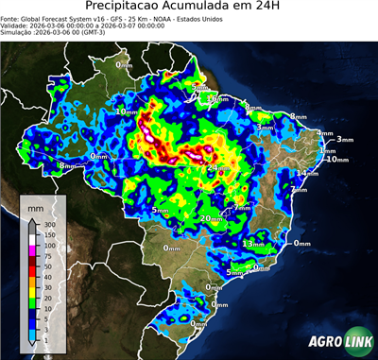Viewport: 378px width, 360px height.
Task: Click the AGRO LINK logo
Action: (335, 341)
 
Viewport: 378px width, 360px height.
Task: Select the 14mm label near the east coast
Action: (306, 174)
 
